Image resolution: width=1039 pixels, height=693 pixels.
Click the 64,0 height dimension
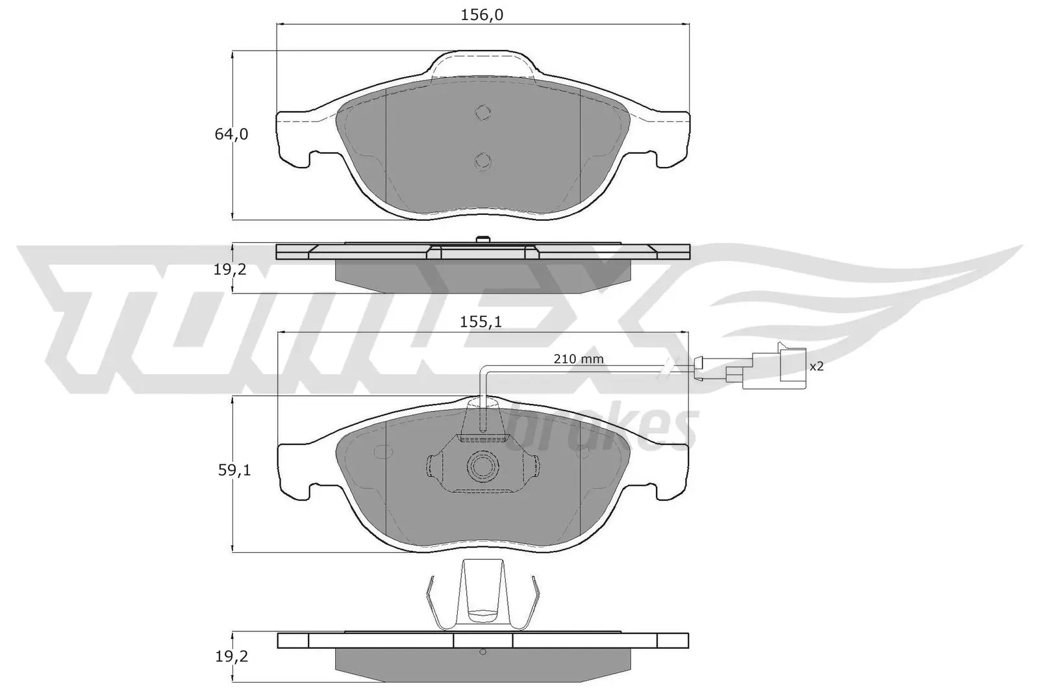(231, 134)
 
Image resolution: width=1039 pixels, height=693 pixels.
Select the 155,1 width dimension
(482, 321)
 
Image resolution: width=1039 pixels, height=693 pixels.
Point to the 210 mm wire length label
(579, 359)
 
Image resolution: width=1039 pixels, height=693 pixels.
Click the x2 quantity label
(816, 366)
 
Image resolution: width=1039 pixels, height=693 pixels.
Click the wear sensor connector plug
(766, 368)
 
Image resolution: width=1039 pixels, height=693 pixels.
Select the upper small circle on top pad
(482, 112)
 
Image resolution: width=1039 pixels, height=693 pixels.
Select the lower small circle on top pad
(482, 160)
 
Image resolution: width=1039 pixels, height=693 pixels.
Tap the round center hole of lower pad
(481, 465)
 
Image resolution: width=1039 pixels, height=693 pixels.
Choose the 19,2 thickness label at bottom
(231, 656)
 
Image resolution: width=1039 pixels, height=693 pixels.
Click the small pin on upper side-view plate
(481, 240)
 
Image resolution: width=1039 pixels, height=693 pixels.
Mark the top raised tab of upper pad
(482, 65)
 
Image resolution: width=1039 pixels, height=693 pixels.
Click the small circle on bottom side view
(481, 651)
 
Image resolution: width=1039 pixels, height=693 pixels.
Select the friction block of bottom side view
(482, 661)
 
